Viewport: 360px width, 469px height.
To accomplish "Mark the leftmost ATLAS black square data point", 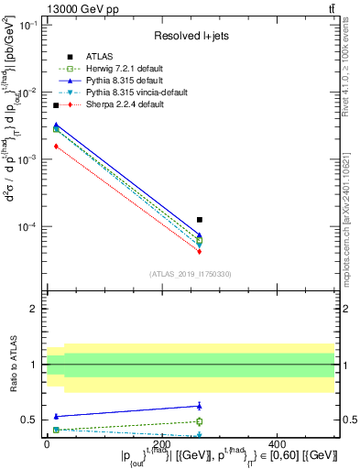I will point(56,106).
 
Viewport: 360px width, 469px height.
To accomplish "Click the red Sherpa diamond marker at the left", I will point(56,146).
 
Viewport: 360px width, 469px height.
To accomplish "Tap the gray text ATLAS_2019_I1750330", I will point(190,273).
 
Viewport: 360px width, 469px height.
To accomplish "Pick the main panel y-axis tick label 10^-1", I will point(26,26).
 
